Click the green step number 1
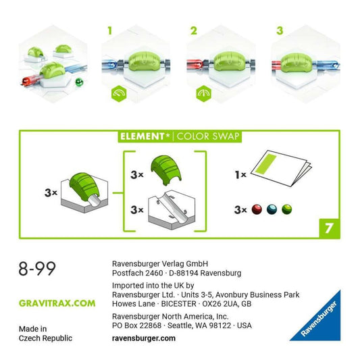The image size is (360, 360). (110, 31)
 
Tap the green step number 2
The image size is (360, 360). (194, 31)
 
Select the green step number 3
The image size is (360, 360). (280, 31)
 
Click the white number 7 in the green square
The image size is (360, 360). (329, 228)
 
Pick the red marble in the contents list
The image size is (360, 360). (257, 209)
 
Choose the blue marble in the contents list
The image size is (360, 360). (272, 209)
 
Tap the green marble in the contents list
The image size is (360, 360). (287, 209)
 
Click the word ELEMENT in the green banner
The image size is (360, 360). (143, 136)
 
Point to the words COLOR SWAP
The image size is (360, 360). (208, 136)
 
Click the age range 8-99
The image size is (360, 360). (37, 268)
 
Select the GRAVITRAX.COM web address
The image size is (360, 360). (57, 303)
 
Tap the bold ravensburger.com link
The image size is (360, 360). (144, 338)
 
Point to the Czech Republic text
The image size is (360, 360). (45, 338)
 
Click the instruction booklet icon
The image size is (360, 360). (281, 168)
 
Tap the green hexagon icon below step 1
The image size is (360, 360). (119, 93)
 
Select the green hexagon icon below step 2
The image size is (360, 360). (204, 93)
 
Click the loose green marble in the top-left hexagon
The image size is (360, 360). (79, 82)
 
